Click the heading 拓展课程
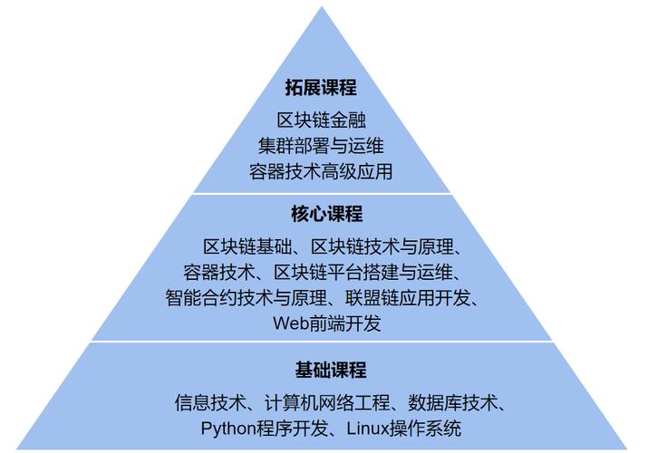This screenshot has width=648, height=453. tap(322, 89)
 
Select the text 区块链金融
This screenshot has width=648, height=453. tap(322, 120)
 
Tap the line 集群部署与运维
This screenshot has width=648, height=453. tap(322, 145)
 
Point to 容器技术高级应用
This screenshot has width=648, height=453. tap(322, 170)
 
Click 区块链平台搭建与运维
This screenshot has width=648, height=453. tap(365, 272)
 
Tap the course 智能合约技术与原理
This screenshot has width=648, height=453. tap(240, 297)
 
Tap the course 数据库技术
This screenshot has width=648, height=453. tap(450, 402)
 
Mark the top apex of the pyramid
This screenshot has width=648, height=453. tap(323, 8)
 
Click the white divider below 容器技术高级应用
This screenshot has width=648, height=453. tap(322, 193)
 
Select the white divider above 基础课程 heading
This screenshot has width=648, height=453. tap(322, 342)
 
